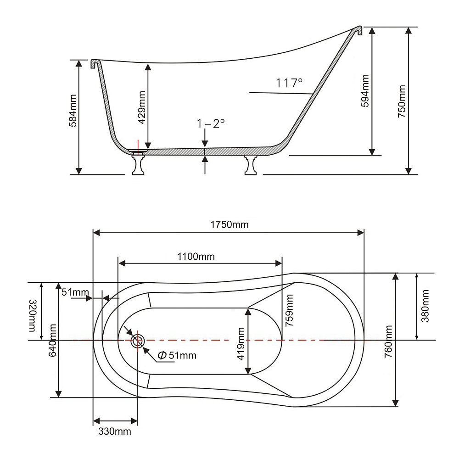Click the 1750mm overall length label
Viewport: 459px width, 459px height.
coord(229,224)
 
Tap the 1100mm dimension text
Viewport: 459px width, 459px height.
coord(196,256)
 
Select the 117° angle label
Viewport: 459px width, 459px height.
coord(289,83)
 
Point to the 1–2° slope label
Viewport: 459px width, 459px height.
coord(211,123)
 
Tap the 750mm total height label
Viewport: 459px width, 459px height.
coord(402,101)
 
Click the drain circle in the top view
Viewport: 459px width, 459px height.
coord(138,340)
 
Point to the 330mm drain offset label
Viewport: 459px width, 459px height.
coord(114,431)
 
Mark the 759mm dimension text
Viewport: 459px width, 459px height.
coord(289,310)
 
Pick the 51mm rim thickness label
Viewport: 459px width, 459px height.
coord(75,292)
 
